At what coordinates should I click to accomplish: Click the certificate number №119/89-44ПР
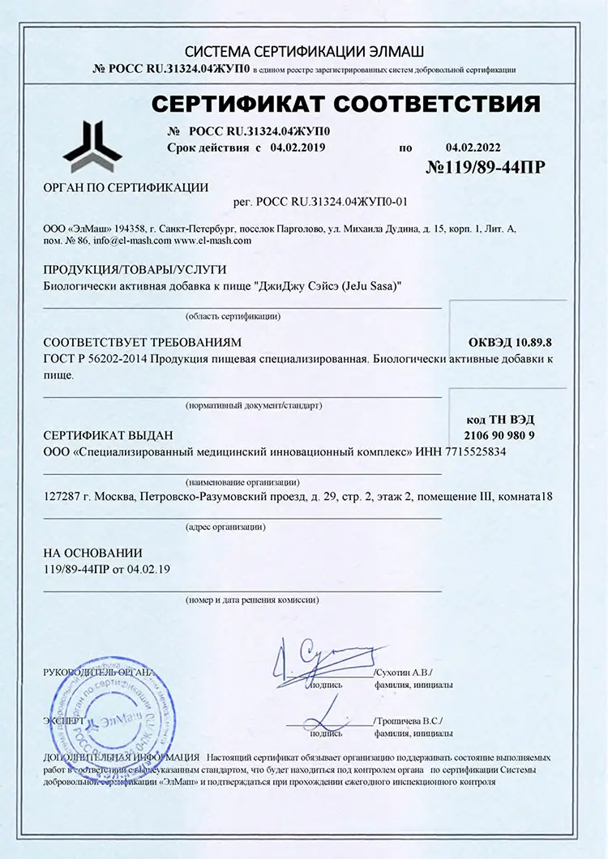click(x=485, y=168)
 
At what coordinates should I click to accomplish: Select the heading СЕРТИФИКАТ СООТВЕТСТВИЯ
click(x=346, y=105)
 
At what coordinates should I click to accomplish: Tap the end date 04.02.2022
click(x=473, y=147)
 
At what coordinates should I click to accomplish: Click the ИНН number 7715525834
click(x=468, y=453)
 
